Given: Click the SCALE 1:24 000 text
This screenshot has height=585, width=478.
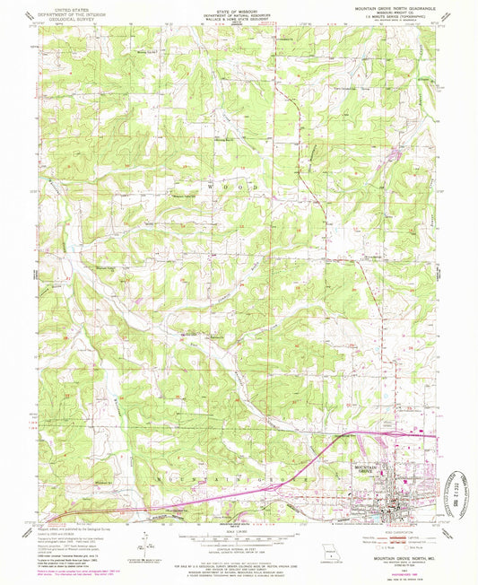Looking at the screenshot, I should pos(239,532).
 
